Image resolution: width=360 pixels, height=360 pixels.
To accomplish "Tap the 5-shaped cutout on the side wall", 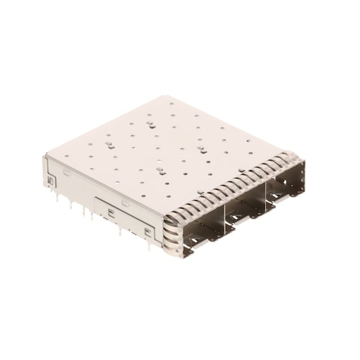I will [51, 181].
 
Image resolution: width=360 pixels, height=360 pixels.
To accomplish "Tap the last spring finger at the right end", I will [288, 159].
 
